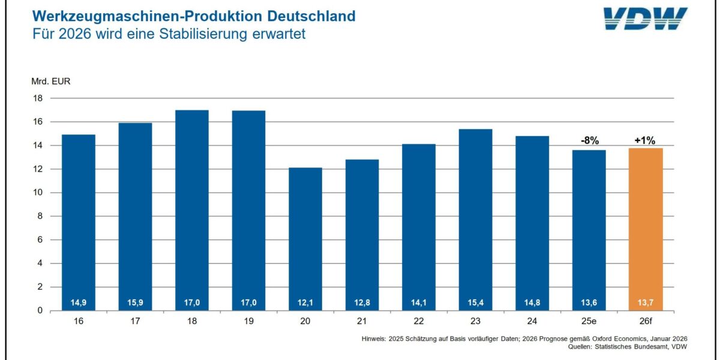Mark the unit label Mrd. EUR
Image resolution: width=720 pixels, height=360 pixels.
51,82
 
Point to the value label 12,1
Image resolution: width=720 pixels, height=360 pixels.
305,302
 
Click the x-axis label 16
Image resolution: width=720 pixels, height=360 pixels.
79,322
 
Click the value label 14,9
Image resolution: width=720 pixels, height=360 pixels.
79,302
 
